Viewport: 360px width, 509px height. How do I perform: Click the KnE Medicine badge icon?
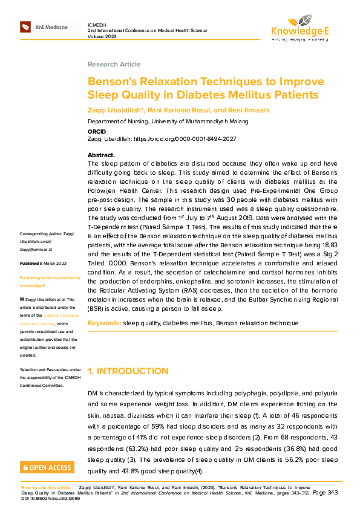pyautogui.click(x=25, y=27)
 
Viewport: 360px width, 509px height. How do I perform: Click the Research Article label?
pyautogui.click(x=114, y=64)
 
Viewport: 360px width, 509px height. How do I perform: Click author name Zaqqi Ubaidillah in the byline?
pyautogui.click(x=115, y=111)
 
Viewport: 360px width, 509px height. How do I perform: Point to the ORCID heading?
pyautogui.click(x=97, y=131)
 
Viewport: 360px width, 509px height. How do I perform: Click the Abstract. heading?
pyautogui.click(x=101, y=155)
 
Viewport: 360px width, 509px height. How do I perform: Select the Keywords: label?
pyautogui.click(x=105, y=323)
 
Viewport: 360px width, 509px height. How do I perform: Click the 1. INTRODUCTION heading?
pyautogui.click(x=128, y=371)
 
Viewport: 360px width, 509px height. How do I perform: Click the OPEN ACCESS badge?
pyautogui.click(x=47, y=467)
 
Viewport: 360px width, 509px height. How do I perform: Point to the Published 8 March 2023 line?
pyautogui.click(x=43, y=264)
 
